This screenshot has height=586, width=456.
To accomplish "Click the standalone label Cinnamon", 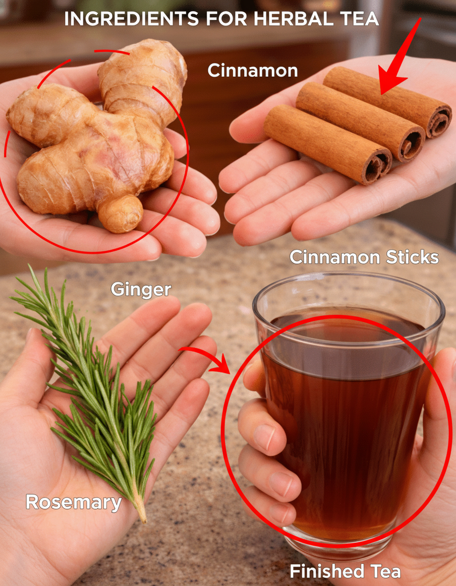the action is tap(252, 70).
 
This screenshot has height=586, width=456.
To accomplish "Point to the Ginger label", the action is tap(141, 289).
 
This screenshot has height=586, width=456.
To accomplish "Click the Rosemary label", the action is tap(74, 503).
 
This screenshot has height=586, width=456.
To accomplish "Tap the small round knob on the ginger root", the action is tap(120, 214).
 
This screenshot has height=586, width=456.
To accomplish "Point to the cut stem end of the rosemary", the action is tap(142, 519).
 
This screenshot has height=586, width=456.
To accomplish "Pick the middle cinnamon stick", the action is tap(361, 122).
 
